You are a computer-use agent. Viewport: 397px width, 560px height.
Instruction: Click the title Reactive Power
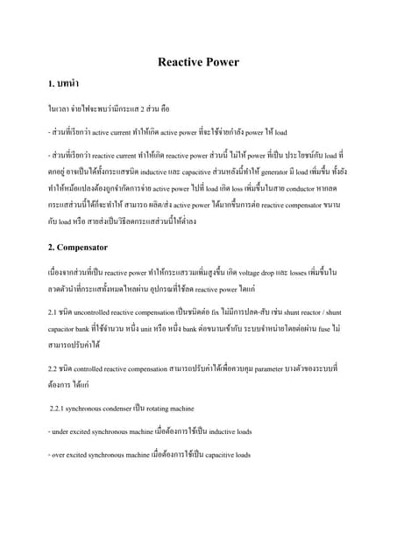tap(198, 62)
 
